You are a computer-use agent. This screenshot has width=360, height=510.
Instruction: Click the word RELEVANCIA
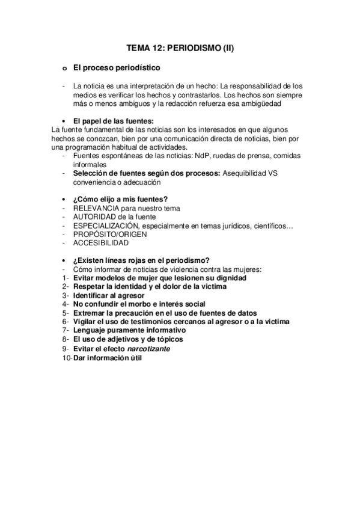(100, 208)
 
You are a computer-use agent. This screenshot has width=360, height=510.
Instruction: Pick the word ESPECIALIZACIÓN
(112, 225)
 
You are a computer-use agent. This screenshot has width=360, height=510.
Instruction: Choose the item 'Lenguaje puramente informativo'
(129, 331)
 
